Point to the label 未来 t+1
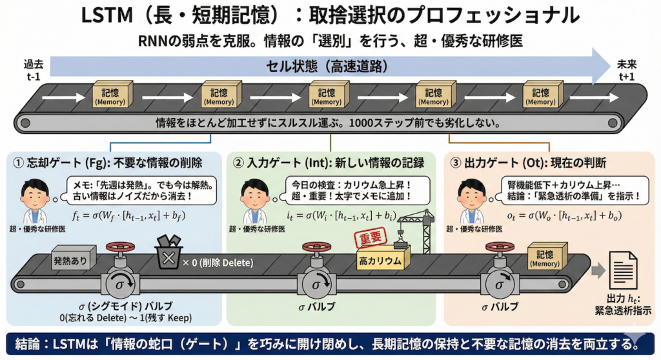[x=626, y=70]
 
